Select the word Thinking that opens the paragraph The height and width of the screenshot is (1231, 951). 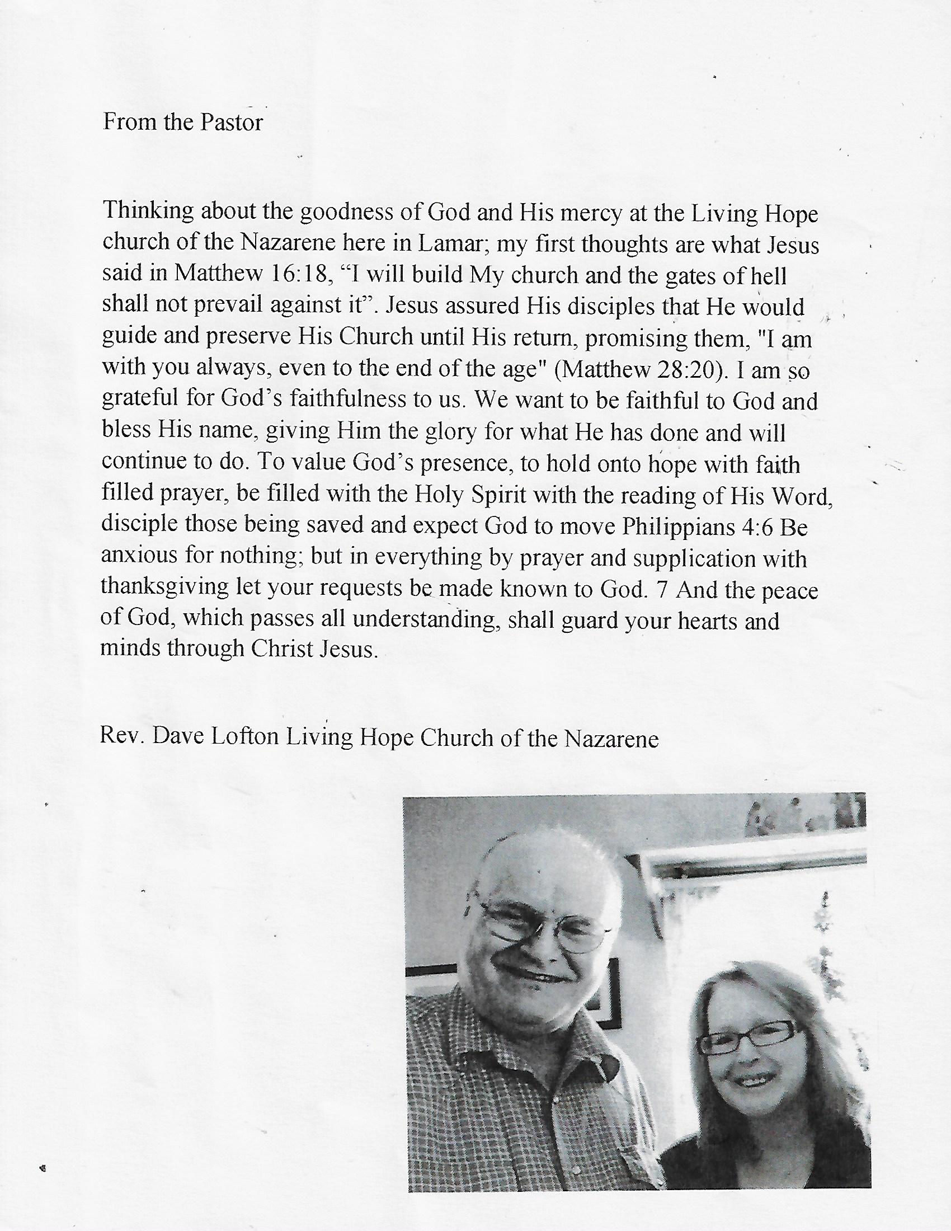pos(147,211)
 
